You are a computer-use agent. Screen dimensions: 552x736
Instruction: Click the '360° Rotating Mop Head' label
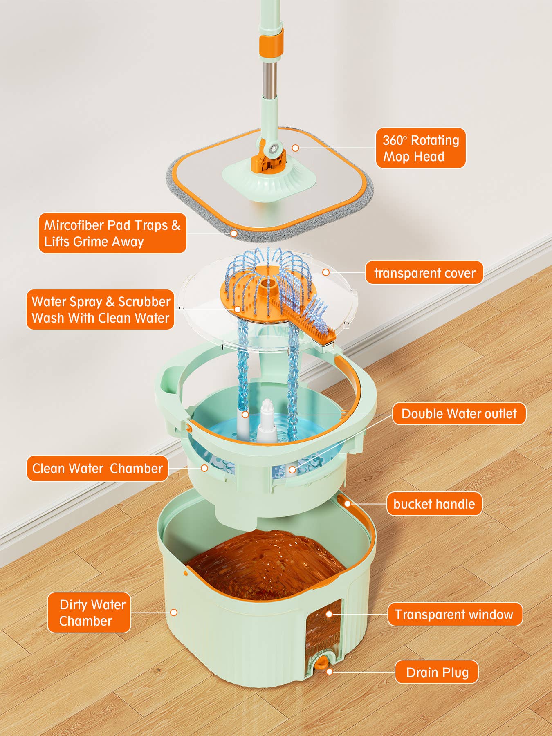(x=421, y=148)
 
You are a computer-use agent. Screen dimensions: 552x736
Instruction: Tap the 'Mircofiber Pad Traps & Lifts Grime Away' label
(x=112, y=233)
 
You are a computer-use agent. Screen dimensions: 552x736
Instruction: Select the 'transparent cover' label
(x=424, y=272)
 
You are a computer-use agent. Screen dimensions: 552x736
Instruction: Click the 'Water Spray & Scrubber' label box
(x=101, y=310)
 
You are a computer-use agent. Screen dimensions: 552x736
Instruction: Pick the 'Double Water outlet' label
(x=459, y=413)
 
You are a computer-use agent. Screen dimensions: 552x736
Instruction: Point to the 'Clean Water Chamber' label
(x=97, y=468)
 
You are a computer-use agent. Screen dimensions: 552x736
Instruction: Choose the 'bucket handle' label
(x=434, y=504)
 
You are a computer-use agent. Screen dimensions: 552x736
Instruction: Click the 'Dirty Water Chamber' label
(x=89, y=613)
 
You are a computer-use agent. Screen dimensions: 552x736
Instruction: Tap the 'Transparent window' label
(x=455, y=614)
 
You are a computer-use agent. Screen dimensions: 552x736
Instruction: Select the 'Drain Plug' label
(x=437, y=672)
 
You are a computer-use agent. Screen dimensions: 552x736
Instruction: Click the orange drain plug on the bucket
(x=323, y=662)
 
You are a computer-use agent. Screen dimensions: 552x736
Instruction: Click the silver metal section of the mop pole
(x=269, y=78)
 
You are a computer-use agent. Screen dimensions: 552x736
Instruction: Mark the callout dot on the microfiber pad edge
(x=233, y=233)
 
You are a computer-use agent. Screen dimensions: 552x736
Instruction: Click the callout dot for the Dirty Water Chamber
(x=174, y=613)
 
